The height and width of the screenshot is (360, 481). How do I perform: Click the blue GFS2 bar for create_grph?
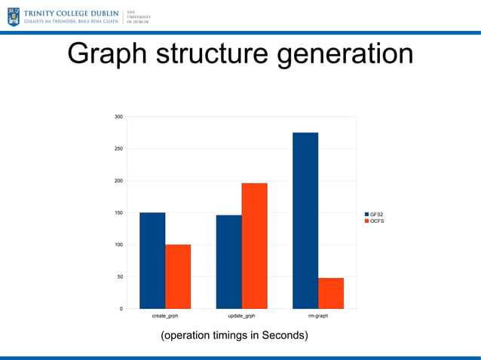152,261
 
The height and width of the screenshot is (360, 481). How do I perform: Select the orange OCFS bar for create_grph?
178,276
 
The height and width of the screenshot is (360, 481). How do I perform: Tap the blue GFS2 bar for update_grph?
228,262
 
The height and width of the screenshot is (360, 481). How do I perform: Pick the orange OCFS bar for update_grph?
254,246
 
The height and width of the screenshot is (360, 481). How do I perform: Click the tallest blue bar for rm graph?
305,221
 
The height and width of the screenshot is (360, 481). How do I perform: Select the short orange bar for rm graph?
331,293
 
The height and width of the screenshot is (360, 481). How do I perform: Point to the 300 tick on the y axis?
118,117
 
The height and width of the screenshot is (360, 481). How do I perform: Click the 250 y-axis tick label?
118,149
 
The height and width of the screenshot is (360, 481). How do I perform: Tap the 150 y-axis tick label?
118,213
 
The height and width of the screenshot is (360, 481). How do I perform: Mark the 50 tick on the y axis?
120,277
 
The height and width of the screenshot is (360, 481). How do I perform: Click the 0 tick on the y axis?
121,309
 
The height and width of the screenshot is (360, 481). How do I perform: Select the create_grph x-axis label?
165,316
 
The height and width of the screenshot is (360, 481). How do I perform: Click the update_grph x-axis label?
241,316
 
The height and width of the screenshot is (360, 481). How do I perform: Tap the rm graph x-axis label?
318,316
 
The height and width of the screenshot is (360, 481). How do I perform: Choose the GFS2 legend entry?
375,215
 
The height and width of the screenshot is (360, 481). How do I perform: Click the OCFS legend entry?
375,221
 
